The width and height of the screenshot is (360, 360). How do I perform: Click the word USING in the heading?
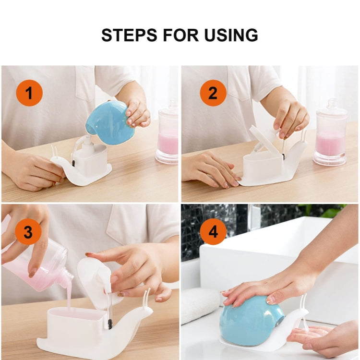tap(231, 35)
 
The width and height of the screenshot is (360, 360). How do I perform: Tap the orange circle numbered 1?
tap(29, 93)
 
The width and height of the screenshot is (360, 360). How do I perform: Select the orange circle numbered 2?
tap(213, 93)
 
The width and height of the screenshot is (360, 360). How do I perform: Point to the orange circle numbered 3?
tap(28, 231)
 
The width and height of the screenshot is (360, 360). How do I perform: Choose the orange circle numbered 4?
tap(213, 231)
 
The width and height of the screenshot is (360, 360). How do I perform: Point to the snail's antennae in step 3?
tap(146, 299)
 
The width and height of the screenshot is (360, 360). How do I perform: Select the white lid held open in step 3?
tap(94, 283)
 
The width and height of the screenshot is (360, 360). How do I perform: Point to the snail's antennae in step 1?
tap(54, 151)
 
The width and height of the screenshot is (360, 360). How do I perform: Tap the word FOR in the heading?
tap(181, 35)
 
